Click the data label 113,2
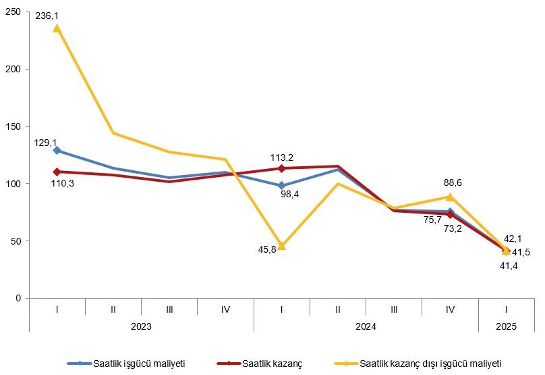tap(281, 158)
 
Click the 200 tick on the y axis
tap(16, 69)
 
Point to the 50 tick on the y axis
tap(18, 241)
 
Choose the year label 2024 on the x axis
tap(366, 326)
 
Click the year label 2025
tap(506, 326)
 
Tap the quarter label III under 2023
tap(169, 309)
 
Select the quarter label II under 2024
tap(337, 309)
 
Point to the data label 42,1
tap(513, 239)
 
